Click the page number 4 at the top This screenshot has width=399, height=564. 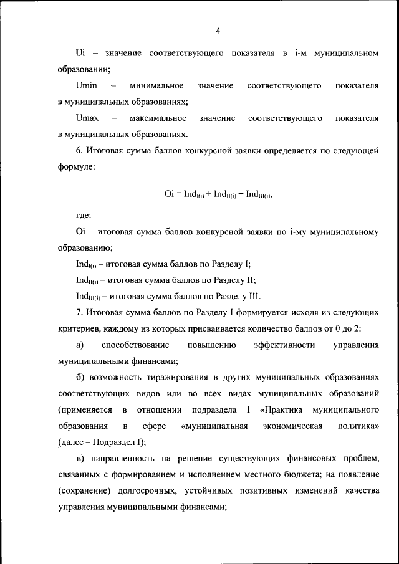(x=218, y=31)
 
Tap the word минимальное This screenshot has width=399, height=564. (x=156, y=85)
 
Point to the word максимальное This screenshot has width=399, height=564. (x=158, y=118)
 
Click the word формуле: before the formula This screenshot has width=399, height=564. (x=77, y=168)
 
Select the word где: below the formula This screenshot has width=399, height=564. (x=83, y=216)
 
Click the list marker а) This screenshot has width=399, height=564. (x=79, y=345)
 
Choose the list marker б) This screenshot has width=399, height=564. (x=79, y=378)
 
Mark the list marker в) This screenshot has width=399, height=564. (x=79, y=459)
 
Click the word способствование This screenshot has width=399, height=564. (x=135, y=345)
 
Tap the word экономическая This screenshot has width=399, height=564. (x=292, y=426)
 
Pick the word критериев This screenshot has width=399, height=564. (x=80, y=328)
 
